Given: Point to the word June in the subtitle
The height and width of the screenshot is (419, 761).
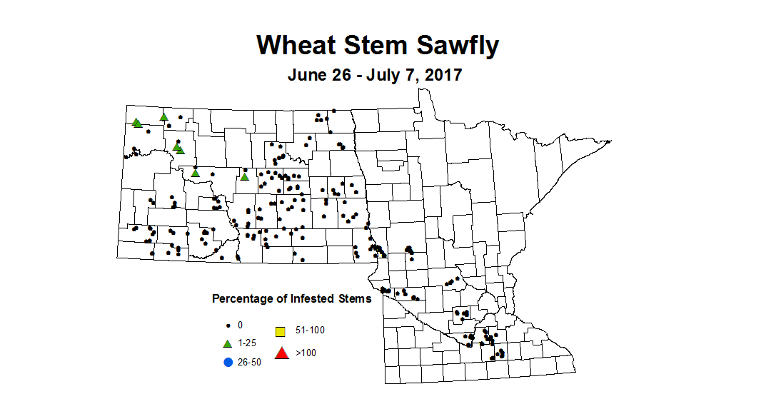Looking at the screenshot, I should coord(306,75).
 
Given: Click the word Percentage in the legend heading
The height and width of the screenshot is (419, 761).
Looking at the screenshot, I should coord(243,298).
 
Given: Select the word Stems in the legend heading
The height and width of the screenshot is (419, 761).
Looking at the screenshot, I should coord(354,298).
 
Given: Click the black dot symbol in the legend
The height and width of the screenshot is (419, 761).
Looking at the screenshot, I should coord(228,325).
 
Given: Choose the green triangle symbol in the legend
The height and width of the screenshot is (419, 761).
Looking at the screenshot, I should coord(228,343).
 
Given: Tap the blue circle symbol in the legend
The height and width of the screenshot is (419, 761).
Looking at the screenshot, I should coord(228,362).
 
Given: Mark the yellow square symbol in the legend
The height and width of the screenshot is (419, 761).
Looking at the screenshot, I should coord(281,331).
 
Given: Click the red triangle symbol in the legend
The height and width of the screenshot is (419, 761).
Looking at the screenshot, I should coord(281,352).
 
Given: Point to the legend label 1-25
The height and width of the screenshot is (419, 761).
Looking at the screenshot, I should coord(248,343).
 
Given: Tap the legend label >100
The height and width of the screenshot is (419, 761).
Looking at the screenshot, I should coord(306,353).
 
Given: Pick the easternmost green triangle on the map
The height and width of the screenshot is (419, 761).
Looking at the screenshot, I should coord(244,177).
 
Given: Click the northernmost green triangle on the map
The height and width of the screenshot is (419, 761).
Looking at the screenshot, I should coord(163,116).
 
